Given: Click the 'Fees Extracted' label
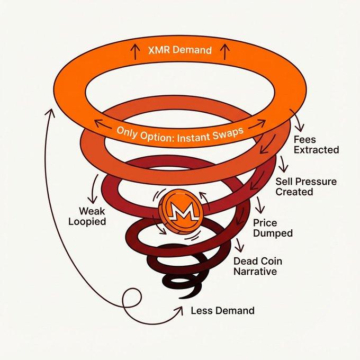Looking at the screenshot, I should point(316,145).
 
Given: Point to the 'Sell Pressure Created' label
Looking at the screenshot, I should point(305,186).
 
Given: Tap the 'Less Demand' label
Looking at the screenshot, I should point(222,310).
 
